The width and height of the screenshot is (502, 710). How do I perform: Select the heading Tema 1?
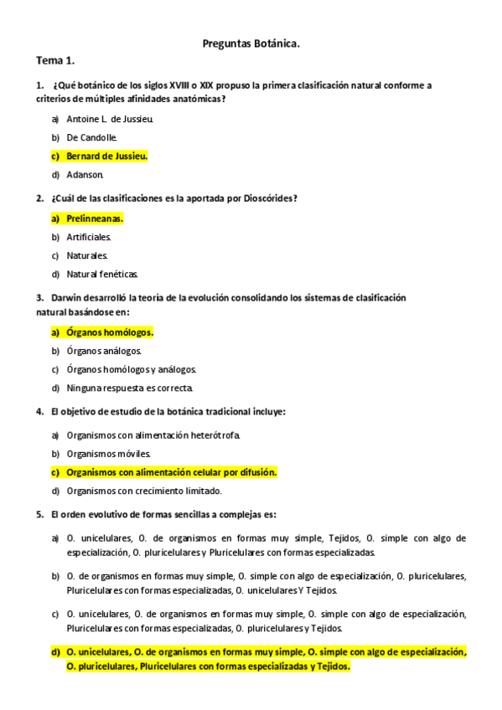55,61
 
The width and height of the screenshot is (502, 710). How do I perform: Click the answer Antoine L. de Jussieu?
110,119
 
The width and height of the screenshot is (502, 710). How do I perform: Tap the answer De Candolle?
92,137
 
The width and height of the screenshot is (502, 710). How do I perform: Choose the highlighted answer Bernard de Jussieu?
106,156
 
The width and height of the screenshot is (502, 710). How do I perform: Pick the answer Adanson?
85,174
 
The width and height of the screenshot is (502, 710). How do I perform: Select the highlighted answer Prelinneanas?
95,219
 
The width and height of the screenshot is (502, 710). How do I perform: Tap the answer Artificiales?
89,237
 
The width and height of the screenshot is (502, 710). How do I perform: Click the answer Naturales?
87,255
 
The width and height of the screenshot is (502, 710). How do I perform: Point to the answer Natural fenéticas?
102,274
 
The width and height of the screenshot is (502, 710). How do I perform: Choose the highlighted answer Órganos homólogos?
110,332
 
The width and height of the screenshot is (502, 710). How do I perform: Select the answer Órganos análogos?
104,351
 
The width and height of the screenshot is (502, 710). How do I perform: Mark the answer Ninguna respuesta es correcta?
130,388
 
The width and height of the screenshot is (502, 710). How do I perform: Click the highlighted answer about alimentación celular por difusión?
171,472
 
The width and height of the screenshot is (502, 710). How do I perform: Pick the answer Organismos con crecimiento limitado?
144,491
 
